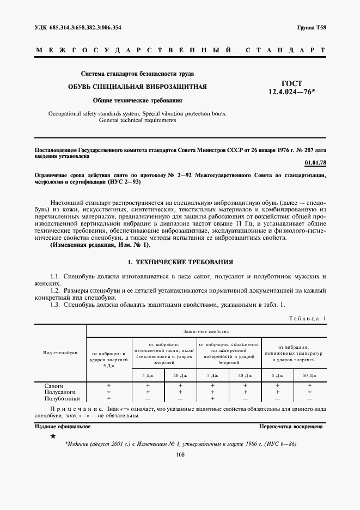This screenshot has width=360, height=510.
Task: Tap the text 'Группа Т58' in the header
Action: click(x=312, y=27)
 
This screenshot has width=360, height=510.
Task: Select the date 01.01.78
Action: click(x=314, y=162)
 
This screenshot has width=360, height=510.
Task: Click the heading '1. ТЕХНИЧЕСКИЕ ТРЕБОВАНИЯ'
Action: click(x=180, y=262)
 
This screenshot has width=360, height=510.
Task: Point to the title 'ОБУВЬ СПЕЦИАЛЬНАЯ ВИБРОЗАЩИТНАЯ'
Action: click(x=137, y=87)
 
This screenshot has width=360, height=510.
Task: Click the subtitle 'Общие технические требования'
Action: click(x=137, y=101)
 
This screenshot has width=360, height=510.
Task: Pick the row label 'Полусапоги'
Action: click(x=60, y=392)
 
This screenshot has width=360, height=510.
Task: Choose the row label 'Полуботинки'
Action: click(x=62, y=398)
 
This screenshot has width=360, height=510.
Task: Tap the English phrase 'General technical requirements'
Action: click(x=137, y=120)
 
